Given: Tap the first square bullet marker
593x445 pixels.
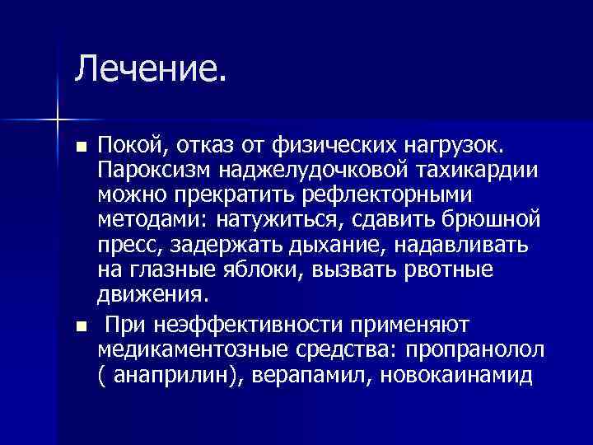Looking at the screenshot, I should point(80,148).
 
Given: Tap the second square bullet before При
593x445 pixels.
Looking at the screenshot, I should point(80,327).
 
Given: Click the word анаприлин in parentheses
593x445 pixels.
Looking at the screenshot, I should point(167,374).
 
